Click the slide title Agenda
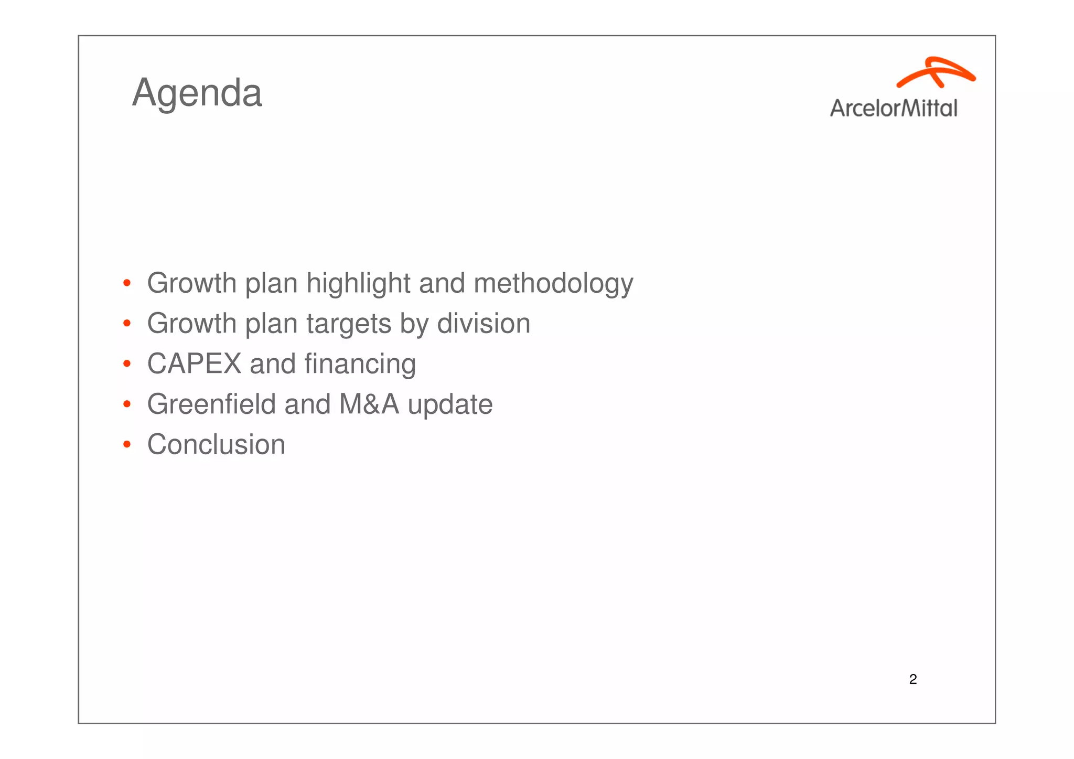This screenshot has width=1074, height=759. click(197, 93)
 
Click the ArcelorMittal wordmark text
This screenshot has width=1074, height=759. click(894, 108)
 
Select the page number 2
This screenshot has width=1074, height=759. click(913, 679)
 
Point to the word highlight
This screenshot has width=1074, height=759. click(358, 284)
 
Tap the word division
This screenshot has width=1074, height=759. click(484, 324)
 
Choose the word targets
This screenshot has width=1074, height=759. click(349, 324)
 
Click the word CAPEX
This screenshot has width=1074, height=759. click(194, 364)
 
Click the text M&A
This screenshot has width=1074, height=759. click(369, 404)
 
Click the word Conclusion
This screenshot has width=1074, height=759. click(216, 445)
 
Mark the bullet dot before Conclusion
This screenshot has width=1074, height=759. click(126, 445)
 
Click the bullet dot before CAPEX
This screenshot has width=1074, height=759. click(126, 364)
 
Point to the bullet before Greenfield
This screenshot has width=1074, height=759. click(126, 404)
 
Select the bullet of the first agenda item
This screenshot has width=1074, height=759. click(126, 284)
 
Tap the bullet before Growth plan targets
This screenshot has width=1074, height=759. click(126, 324)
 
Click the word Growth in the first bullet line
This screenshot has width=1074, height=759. click(191, 284)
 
